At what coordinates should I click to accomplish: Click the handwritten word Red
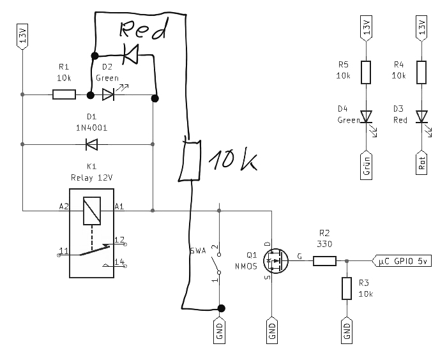145,30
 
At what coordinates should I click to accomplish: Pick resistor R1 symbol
63,95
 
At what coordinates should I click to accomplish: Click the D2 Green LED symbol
109,95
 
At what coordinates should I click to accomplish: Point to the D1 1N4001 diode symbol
91,144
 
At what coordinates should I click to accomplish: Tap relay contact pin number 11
63,249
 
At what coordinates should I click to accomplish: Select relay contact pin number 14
119,262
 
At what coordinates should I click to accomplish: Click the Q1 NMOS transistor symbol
273,260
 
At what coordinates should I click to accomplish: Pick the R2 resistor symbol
324,260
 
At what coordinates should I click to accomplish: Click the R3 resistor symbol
347,289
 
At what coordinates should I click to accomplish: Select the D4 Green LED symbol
366,117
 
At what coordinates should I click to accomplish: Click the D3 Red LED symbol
421,117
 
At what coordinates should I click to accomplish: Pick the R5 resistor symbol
366,72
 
